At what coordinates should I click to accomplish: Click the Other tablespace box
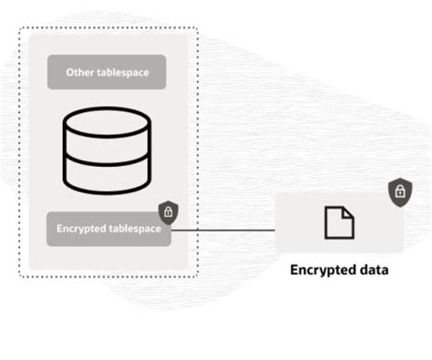coord(107,72)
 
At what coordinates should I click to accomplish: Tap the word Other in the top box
coord(80,72)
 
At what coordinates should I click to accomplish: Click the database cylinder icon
coord(106,150)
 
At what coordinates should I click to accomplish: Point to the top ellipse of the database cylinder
coord(106,122)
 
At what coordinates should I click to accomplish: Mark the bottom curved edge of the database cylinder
coord(106,190)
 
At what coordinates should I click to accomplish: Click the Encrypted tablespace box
coord(107,229)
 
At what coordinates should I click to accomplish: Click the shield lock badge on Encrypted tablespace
coord(168,212)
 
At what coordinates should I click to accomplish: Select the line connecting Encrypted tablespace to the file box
coord(222,230)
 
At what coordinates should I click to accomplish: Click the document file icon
coord(339,222)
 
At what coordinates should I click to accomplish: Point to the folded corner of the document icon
coord(348,211)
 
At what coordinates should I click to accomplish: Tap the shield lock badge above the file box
coord(397,191)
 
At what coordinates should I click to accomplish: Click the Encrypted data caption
coord(339,270)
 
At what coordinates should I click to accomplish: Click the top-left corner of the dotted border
coord(19,27)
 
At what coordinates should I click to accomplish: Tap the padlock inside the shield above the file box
coord(397,192)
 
